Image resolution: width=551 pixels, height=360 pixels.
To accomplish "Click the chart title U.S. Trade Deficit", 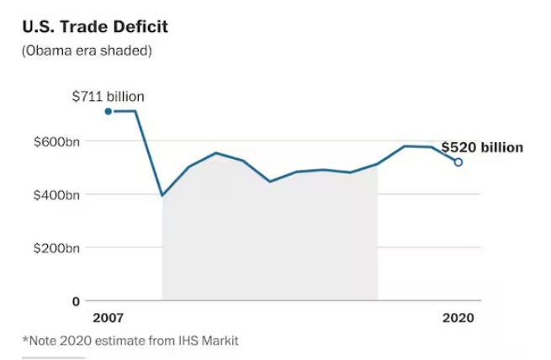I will pyautogui.click(x=94, y=27).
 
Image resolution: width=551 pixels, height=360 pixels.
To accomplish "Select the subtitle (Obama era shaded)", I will pyautogui.click(x=86, y=51).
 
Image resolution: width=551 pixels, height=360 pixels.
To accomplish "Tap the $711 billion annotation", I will pyautogui.click(x=107, y=95).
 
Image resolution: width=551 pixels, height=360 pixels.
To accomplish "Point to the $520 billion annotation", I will pyautogui.click(x=482, y=147).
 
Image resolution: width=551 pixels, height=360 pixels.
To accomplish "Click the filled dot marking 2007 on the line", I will pyautogui.click(x=108, y=111).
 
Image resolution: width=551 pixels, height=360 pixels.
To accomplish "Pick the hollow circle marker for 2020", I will pyautogui.click(x=458, y=162).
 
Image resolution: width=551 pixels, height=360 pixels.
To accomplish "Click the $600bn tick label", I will pyautogui.click(x=56, y=141).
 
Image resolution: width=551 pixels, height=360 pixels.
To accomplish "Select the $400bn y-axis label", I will pyautogui.click(x=56, y=195).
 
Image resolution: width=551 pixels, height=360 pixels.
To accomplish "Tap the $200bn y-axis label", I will pyautogui.click(x=56, y=248).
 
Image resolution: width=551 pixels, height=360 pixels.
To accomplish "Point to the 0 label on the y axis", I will pyautogui.click(x=76, y=301).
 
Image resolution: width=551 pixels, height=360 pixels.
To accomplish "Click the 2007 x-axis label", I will pyautogui.click(x=108, y=318).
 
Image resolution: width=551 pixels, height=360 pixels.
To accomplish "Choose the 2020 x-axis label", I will pyautogui.click(x=458, y=318).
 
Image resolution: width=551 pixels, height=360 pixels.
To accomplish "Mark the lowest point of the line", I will pyautogui.click(x=162, y=195).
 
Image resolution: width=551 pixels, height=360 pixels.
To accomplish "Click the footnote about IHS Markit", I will pyautogui.click(x=130, y=341).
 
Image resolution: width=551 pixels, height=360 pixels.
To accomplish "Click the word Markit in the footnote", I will pyautogui.click(x=219, y=341).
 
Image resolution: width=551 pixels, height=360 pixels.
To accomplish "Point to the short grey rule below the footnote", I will pyautogui.click(x=41, y=357).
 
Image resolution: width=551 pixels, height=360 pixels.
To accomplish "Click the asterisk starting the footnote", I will pyautogui.click(x=24, y=340).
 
